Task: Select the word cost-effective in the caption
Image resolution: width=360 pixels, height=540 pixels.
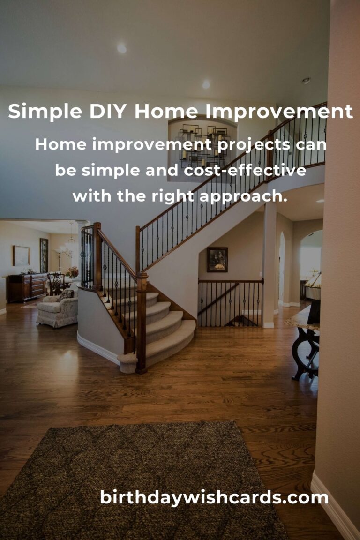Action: (x=245, y=170)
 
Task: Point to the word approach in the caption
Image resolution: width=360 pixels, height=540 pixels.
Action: (x=241, y=197)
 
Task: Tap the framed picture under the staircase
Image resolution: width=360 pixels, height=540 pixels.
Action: (x=217, y=260)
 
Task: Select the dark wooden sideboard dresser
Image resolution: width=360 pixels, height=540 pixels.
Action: (x=27, y=287)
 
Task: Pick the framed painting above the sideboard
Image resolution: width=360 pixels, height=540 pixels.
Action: (x=22, y=255)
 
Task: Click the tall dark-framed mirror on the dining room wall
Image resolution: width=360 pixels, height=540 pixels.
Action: (x=44, y=255)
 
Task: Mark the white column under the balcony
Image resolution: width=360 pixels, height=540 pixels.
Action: (x=269, y=265)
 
